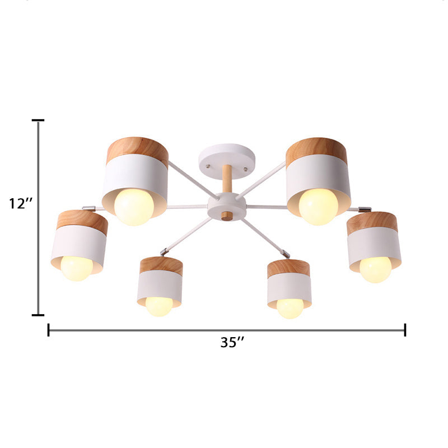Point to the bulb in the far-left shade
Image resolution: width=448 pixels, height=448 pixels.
(77, 268)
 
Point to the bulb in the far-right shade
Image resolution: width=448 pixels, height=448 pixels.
(375, 269)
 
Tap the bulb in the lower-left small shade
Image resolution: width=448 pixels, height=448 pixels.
(159, 306)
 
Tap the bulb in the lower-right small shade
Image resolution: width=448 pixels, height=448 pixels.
(290, 307)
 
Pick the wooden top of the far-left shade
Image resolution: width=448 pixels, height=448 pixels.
(82, 222)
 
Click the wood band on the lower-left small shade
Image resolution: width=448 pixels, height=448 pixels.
(161, 265)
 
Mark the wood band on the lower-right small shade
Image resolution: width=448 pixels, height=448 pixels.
(288, 268)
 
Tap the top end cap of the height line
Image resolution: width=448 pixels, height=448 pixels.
(38, 120)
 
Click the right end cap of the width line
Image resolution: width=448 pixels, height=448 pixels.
(405, 330)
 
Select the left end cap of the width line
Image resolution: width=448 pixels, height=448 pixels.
(49, 330)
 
